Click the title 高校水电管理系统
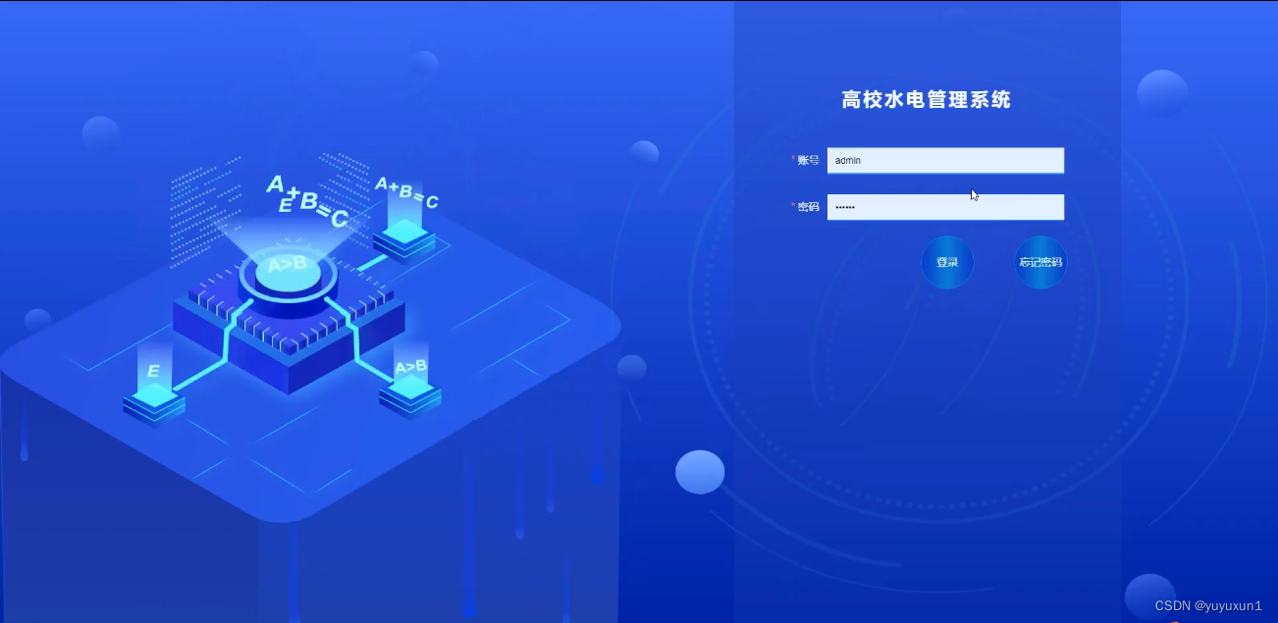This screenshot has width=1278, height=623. pyautogui.click(x=926, y=99)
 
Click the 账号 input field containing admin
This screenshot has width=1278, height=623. pyautogui.click(x=945, y=160)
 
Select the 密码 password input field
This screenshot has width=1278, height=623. pyautogui.click(x=945, y=207)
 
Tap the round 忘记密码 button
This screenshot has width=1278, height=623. pyautogui.click(x=1040, y=262)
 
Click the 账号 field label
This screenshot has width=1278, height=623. pyautogui.click(x=808, y=160)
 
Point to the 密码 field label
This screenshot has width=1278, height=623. pyautogui.click(x=808, y=207)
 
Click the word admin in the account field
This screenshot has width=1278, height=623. pyautogui.click(x=848, y=160)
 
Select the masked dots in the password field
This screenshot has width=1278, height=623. pyautogui.click(x=845, y=208)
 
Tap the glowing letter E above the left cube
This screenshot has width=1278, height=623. pyautogui.click(x=153, y=371)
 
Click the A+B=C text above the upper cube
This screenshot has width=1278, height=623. pyautogui.click(x=406, y=193)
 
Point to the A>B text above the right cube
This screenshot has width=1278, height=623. pyautogui.click(x=410, y=367)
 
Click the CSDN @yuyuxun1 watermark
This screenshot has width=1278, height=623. pyautogui.click(x=1208, y=605)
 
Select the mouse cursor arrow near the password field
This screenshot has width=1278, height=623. pyautogui.click(x=974, y=194)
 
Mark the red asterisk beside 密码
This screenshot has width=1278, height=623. pyautogui.click(x=793, y=206)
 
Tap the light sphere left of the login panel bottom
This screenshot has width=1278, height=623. pyautogui.click(x=700, y=472)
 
